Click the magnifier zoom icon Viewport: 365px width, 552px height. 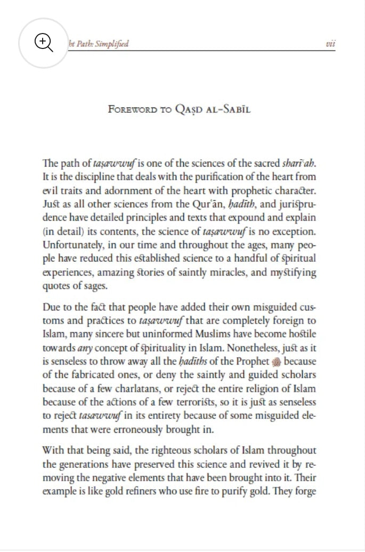44,43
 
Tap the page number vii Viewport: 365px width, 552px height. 330,44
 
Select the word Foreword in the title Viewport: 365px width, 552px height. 132,109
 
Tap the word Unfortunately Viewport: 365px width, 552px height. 70,245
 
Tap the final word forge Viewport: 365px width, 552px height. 305,492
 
